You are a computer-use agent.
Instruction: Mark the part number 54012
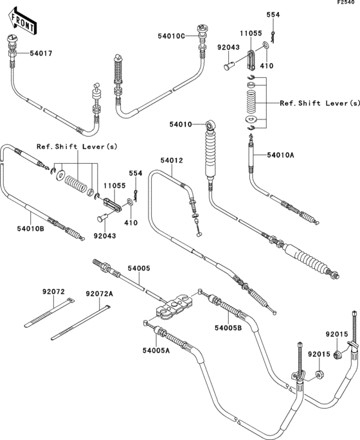click(x=172, y=160)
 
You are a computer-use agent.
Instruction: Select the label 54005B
click(x=228, y=328)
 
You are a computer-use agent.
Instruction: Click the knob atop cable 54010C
click(x=204, y=30)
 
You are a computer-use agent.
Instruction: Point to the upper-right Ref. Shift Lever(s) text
click(x=319, y=103)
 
